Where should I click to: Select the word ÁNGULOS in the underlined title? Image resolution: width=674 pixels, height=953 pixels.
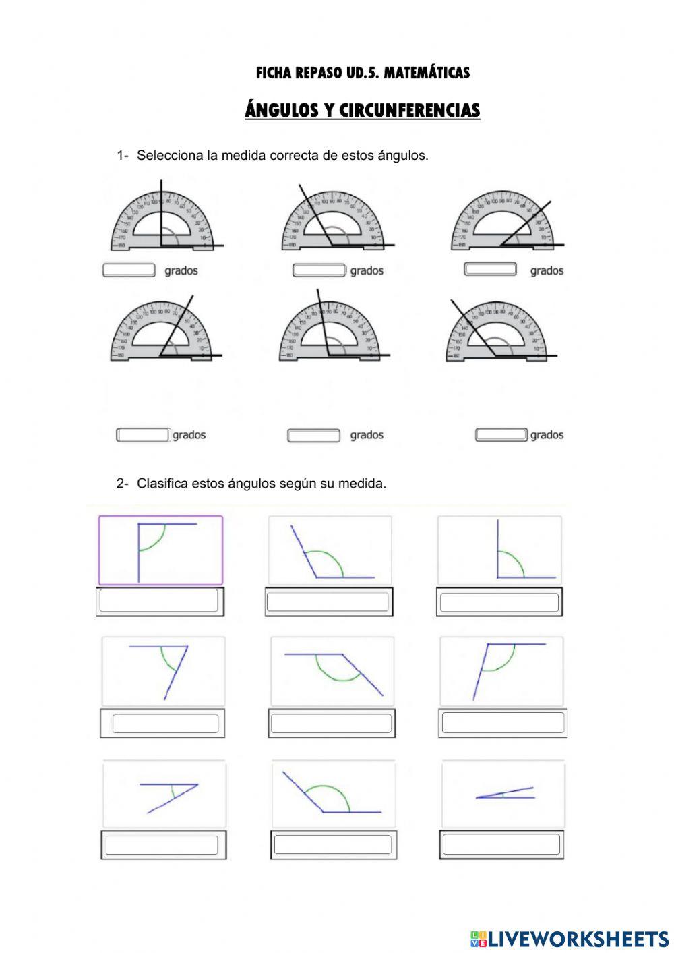[x=279, y=110]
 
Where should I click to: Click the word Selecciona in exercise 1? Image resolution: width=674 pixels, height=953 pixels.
[x=171, y=156]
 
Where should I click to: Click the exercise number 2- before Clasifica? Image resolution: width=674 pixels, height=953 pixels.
[x=122, y=484]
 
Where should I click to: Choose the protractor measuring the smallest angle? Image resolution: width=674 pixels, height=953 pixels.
[x=506, y=223]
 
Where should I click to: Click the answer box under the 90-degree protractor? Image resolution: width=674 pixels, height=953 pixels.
[x=129, y=270]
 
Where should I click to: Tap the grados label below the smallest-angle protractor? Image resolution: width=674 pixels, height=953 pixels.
[x=546, y=270]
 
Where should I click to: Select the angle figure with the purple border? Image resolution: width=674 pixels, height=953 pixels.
[x=160, y=550]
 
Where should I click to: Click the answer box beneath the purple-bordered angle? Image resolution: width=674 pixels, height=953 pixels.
[x=160, y=601]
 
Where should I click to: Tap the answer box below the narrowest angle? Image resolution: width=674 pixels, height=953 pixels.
[x=501, y=844]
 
